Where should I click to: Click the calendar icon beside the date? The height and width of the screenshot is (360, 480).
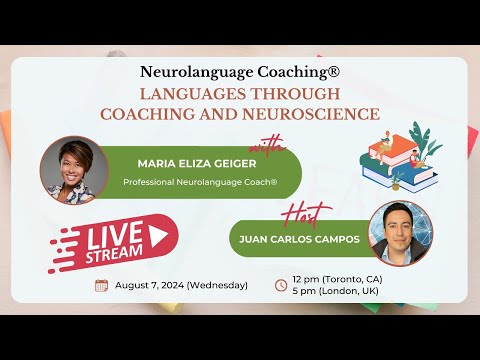(101, 285)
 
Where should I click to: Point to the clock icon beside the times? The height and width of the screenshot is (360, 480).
(281, 285)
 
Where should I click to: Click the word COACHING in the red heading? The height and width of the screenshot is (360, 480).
(164, 114)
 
